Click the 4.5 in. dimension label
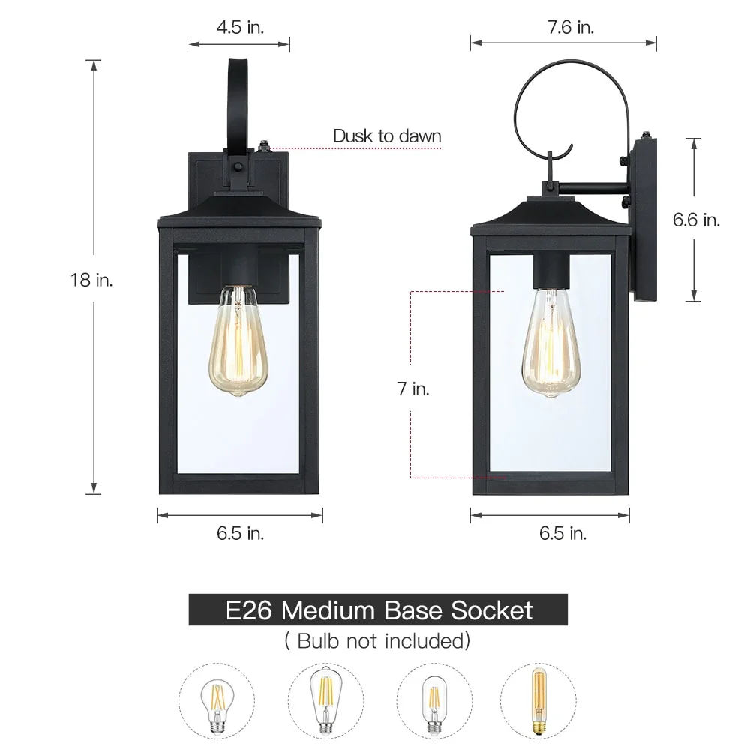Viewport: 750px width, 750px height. tap(240, 27)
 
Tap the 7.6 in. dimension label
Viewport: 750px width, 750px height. tap(571, 27)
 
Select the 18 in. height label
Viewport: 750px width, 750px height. tap(91, 280)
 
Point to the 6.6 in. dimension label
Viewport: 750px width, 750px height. tap(696, 220)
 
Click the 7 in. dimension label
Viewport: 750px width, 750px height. tap(413, 388)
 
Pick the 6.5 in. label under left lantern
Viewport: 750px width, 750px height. tap(240, 533)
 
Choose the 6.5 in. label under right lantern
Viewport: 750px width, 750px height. tap(563, 533)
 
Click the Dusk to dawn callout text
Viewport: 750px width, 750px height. tap(387, 136)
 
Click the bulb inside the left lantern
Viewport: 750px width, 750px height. tap(238, 340)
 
